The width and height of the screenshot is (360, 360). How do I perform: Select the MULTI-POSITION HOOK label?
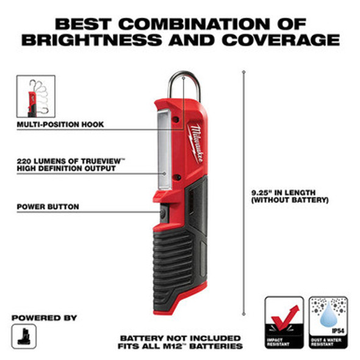(x=60, y=124)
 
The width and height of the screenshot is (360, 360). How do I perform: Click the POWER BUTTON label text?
(x=48, y=207)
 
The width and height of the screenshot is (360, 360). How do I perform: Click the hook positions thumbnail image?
(x=35, y=96)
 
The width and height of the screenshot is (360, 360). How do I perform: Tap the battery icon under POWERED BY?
(x=24, y=336)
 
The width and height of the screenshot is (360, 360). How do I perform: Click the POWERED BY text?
(x=44, y=318)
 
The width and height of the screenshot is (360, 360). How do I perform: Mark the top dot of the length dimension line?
(x=243, y=71)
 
